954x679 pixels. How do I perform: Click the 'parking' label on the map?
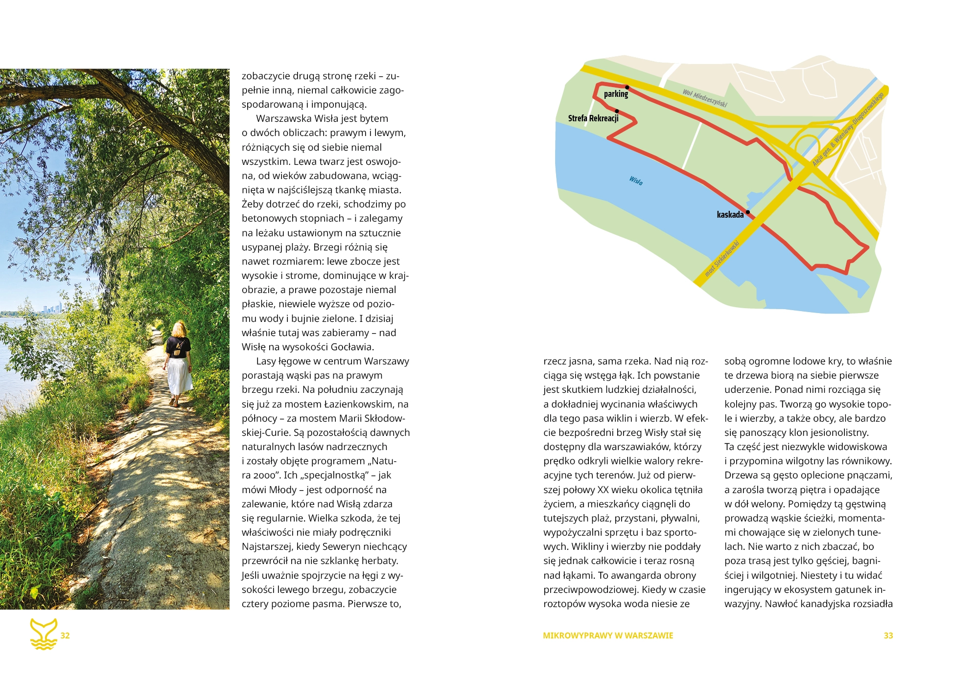[x=615, y=94]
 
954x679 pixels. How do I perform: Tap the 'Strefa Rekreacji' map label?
[x=593, y=118]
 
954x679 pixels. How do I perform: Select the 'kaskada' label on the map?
[x=730, y=215]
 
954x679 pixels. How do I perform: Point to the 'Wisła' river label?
[x=636, y=181]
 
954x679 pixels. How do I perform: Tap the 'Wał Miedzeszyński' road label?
[x=705, y=98]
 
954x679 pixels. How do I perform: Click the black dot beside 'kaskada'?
[x=747, y=212]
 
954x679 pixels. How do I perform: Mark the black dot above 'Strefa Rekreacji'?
[x=617, y=111]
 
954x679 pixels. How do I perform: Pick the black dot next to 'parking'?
[x=627, y=88]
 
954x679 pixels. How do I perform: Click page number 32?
[x=65, y=635]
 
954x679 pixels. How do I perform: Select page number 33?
[x=888, y=635]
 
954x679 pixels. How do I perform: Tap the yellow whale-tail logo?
[x=44, y=634]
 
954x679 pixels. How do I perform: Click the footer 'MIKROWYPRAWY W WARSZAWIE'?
[x=608, y=635]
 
